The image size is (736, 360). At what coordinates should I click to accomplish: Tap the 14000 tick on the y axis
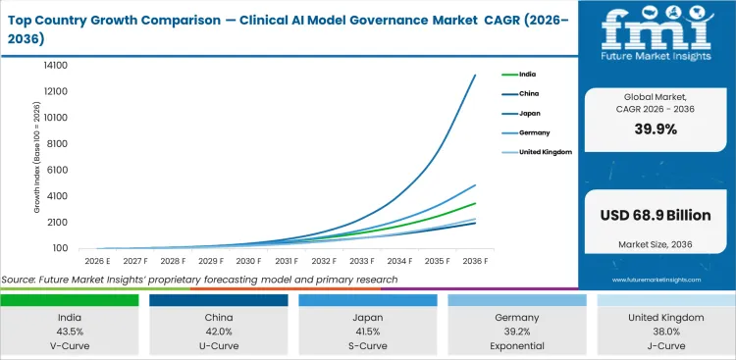click(54, 65)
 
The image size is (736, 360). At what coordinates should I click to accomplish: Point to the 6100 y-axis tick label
click(56, 170)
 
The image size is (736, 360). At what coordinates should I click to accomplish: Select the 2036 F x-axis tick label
click(476, 261)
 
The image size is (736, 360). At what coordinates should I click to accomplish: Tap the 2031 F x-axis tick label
click(287, 261)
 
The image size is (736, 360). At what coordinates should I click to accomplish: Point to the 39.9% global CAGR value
click(656, 129)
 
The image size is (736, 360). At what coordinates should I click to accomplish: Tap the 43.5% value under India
click(69, 332)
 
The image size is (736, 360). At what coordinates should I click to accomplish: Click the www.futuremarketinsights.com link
click(656, 280)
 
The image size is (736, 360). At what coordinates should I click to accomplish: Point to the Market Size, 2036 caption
click(656, 243)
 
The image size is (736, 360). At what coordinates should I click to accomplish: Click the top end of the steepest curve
click(476, 75)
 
